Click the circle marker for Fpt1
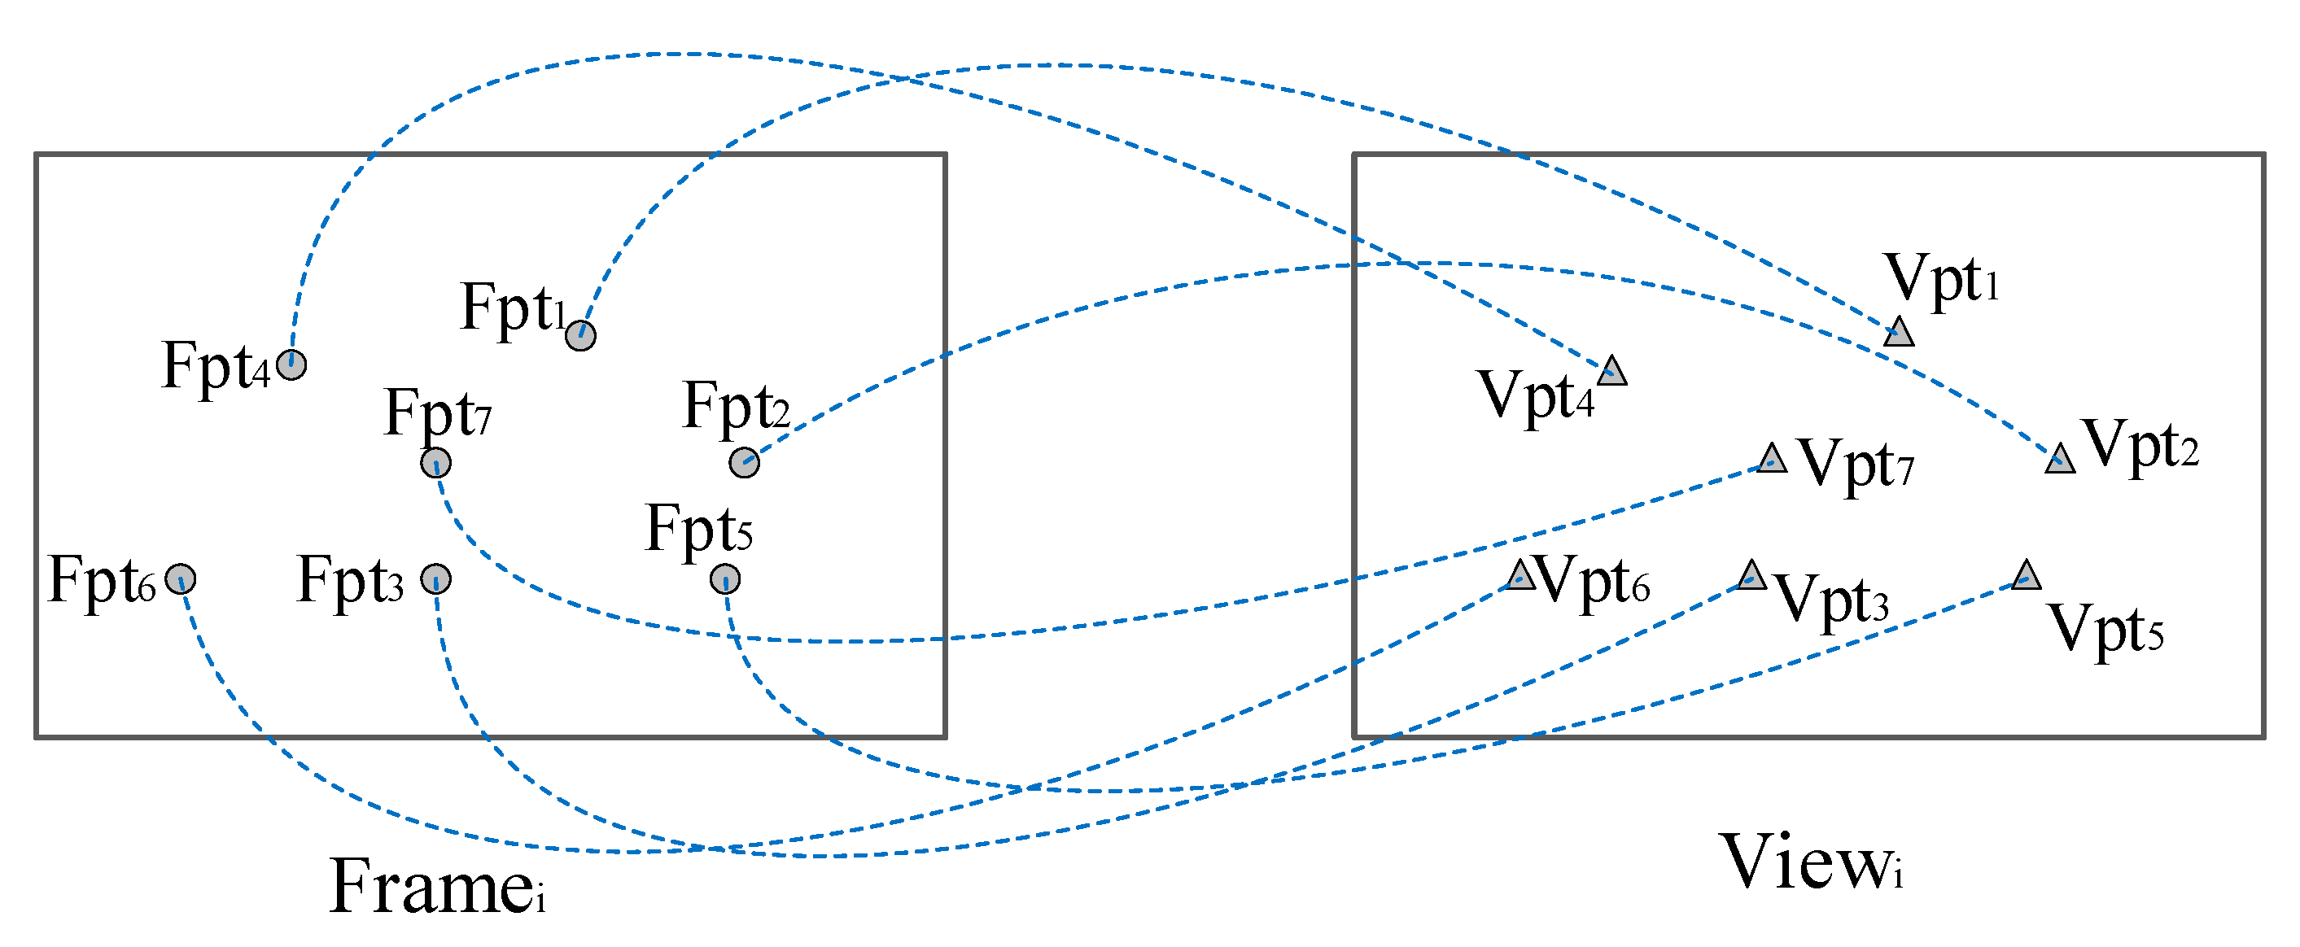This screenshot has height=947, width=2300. [580, 336]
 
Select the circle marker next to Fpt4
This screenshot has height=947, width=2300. [291, 364]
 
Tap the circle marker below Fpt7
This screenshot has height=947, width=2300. [435, 462]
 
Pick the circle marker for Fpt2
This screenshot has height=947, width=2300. [744, 462]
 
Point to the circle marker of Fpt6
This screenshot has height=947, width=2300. [181, 578]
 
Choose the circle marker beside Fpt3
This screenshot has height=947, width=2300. [435, 578]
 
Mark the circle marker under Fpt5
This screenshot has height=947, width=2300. [725, 578]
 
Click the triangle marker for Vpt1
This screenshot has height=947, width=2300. [1898, 333]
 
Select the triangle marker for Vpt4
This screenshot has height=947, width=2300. [1611, 371]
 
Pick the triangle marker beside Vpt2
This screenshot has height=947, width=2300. [2060, 460]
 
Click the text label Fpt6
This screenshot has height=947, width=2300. [102, 580]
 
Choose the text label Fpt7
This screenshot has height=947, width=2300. [438, 412]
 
